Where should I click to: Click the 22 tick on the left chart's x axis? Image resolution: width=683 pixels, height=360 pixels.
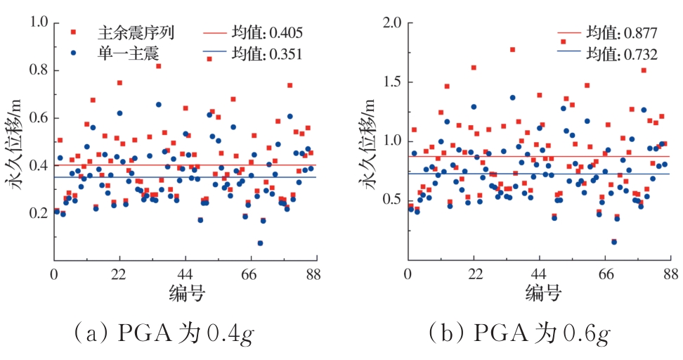click(119, 274)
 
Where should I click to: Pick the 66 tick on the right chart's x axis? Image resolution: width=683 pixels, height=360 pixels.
click(604, 274)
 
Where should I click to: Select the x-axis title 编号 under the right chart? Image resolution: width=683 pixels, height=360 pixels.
click(539, 292)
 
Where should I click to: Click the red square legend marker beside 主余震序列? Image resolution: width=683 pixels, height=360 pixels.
click(74, 32)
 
